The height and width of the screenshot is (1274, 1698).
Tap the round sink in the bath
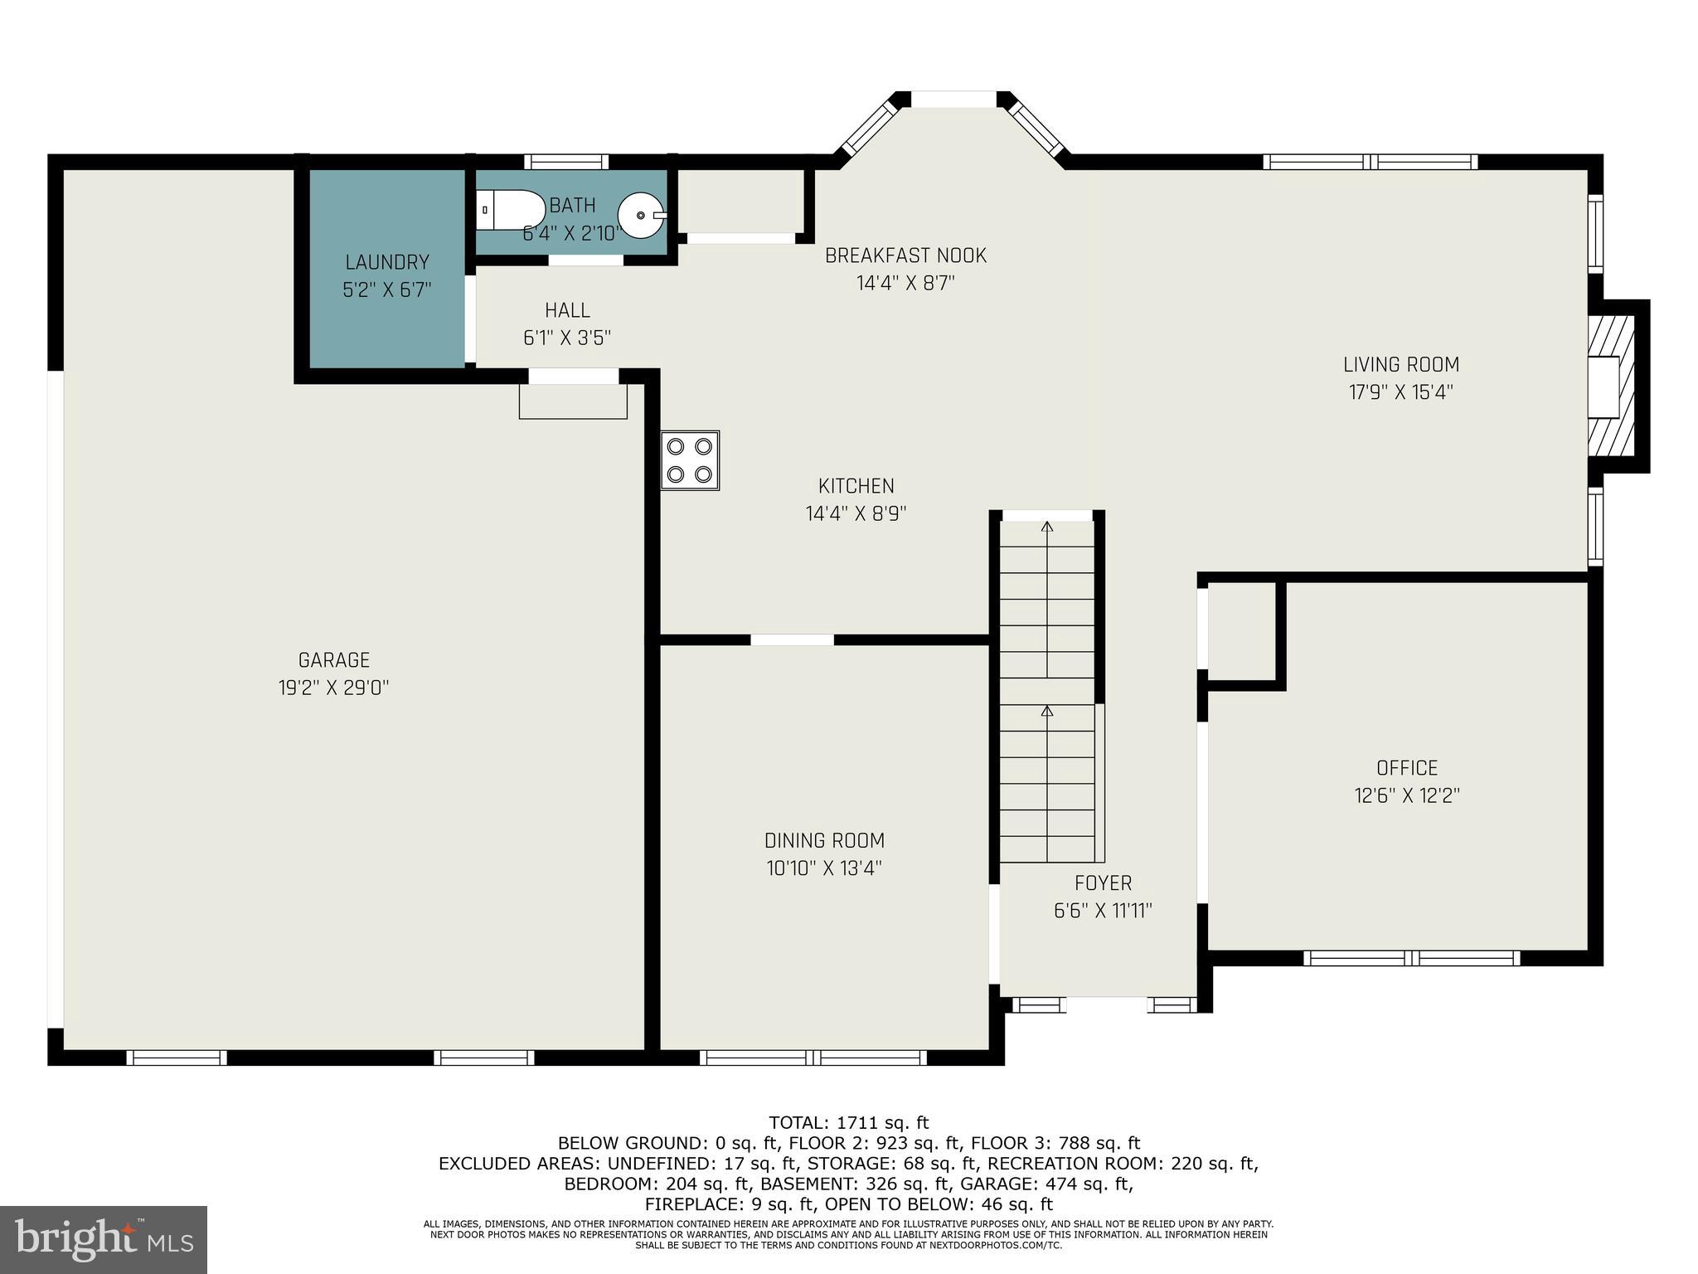[642, 214]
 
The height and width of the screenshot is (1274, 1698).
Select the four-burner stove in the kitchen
[690, 460]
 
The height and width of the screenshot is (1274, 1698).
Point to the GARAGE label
[334, 660]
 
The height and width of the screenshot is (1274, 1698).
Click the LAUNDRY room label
[387, 263]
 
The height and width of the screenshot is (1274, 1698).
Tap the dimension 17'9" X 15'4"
[1401, 392]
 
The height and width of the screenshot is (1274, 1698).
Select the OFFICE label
[1407, 768]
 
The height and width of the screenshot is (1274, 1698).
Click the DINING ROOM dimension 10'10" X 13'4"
[824, 868]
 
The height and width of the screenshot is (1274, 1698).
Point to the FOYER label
[1103, 883]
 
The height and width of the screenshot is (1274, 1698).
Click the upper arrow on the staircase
[1047, 528]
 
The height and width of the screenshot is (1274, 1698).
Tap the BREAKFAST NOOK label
[905, 255]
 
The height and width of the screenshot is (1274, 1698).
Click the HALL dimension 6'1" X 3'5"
[567, 338]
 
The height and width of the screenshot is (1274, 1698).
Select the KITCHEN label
[856, 486]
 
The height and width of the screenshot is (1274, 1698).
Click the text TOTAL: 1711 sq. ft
[849, 1123]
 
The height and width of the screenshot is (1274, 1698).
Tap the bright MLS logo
[103, 1239]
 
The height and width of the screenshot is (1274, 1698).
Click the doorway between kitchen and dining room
[792, 639]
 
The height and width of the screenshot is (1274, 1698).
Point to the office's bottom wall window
[1411, 958]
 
